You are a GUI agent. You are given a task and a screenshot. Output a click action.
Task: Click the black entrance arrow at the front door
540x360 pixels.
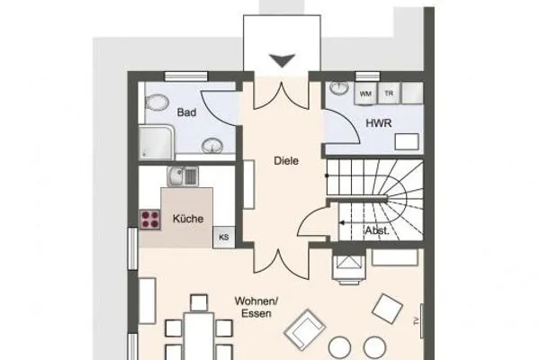pyautogui.click(x=283, y=59)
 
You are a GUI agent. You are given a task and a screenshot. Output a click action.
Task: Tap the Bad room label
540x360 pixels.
pyautogui.click(x=186, y=112)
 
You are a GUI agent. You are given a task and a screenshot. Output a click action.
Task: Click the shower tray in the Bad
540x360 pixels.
pyautogui.click(x=154, y=142)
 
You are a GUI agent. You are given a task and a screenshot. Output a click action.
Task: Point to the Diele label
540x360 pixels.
pyautogui.click(x=285, y=161)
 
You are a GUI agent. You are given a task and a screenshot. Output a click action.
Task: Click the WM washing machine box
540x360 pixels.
pyautogui.click(x=366, y=93)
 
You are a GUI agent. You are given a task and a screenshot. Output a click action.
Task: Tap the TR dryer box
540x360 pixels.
pyautogui.click(x=390, y=93)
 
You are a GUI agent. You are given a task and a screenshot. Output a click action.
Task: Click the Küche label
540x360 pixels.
pyautogui.click(x=188, y=218)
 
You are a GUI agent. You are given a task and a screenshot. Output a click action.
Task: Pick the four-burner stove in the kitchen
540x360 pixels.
pyautogui.click(x=149, y=219)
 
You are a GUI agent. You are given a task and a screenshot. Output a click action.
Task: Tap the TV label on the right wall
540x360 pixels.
pyautogui.click(x=416, y=321)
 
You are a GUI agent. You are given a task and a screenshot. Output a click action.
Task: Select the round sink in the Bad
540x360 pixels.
pyautogui.click(x=211, y=144)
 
